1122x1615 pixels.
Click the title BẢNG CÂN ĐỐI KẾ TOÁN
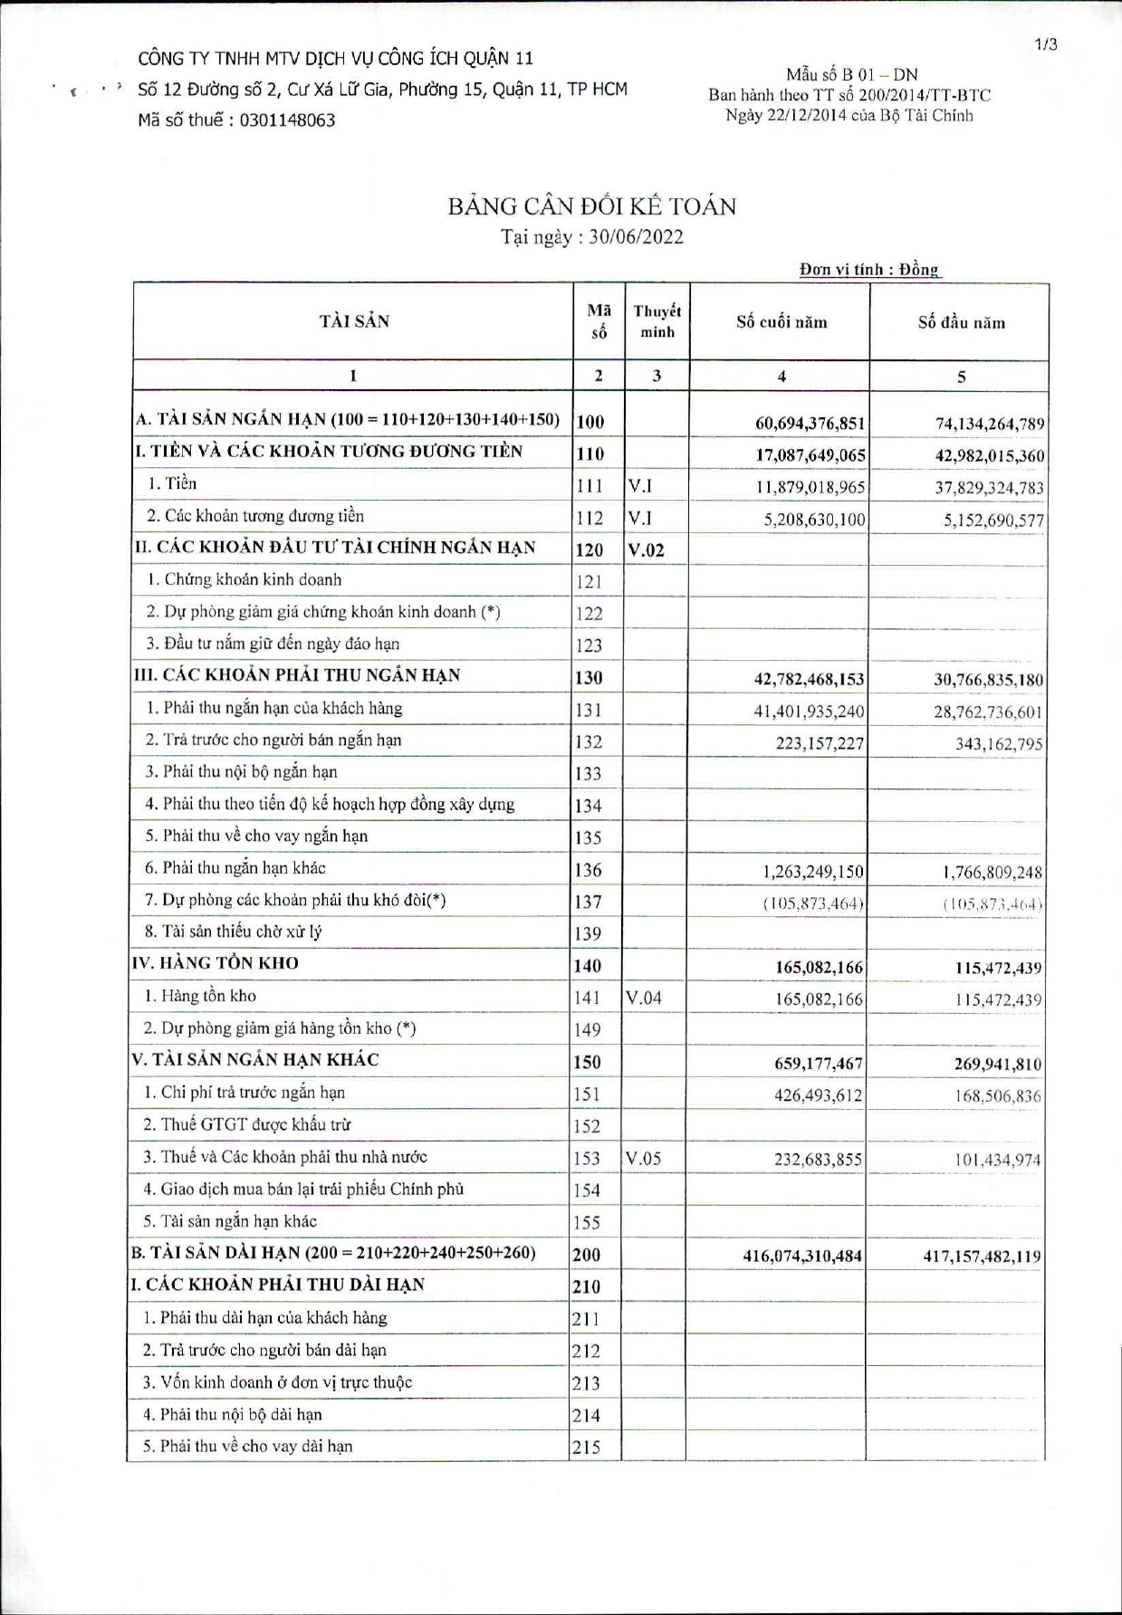point(591,206)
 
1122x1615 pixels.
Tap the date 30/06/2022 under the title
point(636,237)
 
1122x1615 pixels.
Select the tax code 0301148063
point(287,120)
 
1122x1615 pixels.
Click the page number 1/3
point(1045,44)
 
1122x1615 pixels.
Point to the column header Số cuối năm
point(781,322)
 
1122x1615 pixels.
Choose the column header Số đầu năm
point(960,322)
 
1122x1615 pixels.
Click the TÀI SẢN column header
point(353,321)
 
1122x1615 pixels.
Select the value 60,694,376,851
point(810,423)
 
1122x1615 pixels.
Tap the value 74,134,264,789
point(989,423)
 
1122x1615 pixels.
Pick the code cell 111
point(590,486)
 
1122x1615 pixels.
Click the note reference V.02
point(646,550)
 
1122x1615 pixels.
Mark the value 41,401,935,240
point(809,712)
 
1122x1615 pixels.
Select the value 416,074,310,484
point(801,1257)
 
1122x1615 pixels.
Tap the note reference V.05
point(643,1159)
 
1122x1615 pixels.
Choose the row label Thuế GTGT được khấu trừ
point(247,1125)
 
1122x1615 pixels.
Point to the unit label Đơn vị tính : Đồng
point(869,269)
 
